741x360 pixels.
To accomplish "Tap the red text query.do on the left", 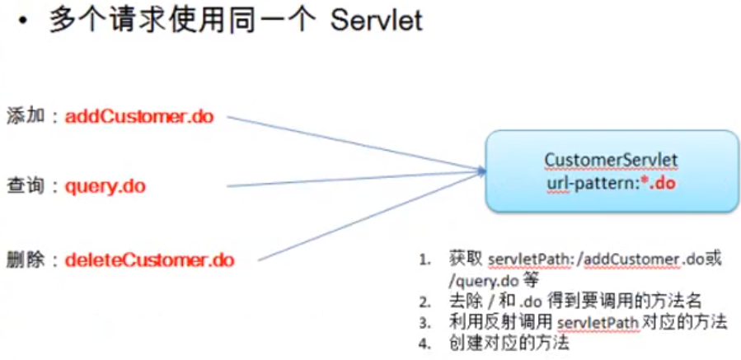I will [x=106, y=186].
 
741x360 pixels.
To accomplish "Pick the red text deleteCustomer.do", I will [x=150, y=260].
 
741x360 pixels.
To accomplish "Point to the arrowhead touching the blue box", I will [x=481, y=171].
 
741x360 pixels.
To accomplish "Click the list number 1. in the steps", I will [x=424, y=261].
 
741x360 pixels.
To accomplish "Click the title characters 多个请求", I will [x=103, y=21].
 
